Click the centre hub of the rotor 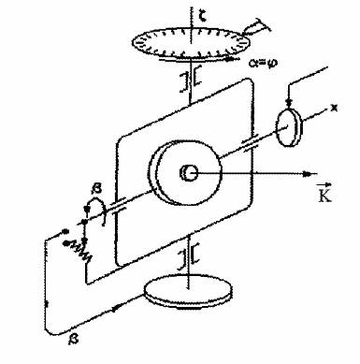tap(190, 171)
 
